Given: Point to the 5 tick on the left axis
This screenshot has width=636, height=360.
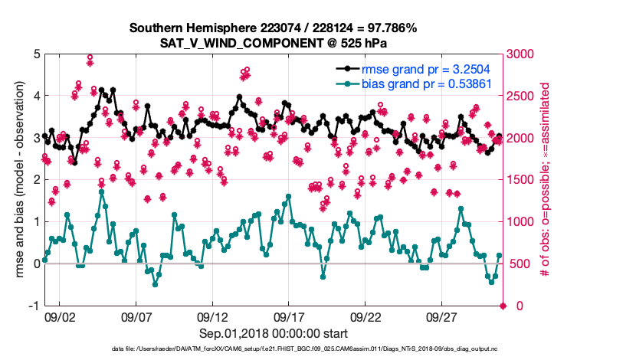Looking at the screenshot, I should (35, 54).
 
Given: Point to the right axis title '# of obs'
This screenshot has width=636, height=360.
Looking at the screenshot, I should (546, 180).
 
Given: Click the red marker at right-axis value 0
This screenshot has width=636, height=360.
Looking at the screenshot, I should (503, 306).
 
